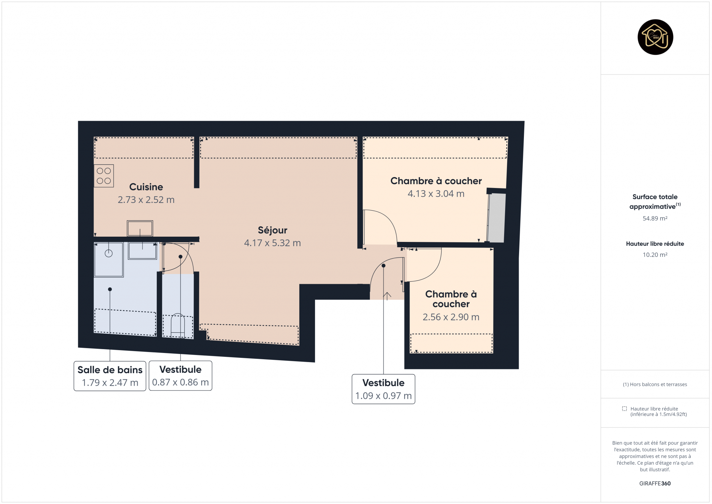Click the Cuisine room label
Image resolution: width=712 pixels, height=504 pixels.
[146, 187]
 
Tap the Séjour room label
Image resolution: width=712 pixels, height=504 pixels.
[273, 230]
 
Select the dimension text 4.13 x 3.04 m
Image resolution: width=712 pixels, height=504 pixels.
[436, 194]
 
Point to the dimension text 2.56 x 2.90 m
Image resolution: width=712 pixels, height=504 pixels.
[451, 317]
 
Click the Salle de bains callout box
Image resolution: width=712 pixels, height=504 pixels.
[110, 376]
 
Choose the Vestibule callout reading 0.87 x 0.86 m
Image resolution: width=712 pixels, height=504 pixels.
[180, 376]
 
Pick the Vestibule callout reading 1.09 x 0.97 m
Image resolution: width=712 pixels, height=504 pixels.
[383, 389]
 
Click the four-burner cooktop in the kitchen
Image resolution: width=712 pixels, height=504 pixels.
[104, 176]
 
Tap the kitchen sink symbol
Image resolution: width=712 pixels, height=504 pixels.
[140, 229]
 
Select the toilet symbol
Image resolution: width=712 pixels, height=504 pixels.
[178, 325]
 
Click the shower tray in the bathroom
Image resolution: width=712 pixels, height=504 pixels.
[109, 260]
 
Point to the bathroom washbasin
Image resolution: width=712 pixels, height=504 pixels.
[143, 251]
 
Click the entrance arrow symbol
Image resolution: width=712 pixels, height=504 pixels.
[387, 296]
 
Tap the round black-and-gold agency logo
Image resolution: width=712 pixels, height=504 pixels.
[655, 37]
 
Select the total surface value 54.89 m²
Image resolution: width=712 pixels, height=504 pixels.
[655, 219]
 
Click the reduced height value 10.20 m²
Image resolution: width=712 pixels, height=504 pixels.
[655, 255]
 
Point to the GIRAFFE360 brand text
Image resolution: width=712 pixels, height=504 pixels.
[655, 483]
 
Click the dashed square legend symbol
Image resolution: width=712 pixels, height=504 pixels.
[624, 409]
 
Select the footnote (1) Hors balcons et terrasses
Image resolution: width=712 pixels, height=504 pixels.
[655, 384]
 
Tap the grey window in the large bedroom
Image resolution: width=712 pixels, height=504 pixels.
[496, 218]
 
